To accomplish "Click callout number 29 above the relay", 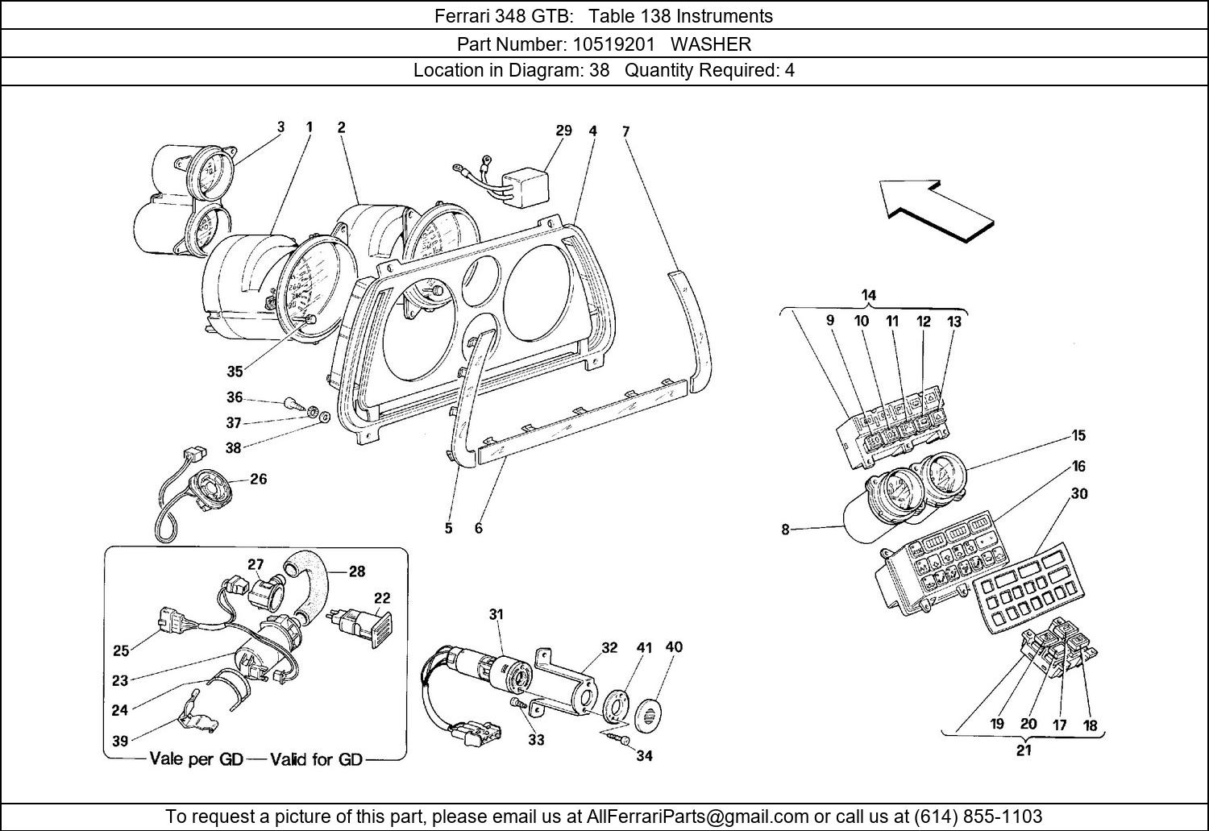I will click(x=563, y=131).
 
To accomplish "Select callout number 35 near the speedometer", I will click(x=235, y=372).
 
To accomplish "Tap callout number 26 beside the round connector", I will click(x=258, y=479).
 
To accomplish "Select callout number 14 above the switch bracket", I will click(x=868, y=296).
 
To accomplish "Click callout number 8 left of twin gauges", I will click(x=785, y=530).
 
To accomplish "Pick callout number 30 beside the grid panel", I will click(x=1078, y=493).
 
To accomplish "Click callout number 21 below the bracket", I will click(x=1024, y=750).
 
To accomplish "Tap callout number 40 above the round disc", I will click(x=674, y=646).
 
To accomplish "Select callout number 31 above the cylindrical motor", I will click(x=496, y=614).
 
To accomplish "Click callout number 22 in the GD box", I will click(x=381, y=597).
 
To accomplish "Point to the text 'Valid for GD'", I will click(x=317, y=759).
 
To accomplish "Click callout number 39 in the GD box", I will click(x=120, y=742).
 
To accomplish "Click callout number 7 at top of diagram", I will click(x=625, y=131).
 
